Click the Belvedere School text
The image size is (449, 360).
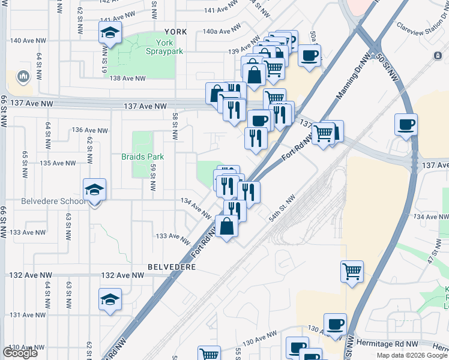55,201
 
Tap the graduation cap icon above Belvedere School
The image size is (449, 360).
94,190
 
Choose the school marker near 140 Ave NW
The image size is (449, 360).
110,33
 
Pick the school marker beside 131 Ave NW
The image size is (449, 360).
110,299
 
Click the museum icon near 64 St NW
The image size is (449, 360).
23,76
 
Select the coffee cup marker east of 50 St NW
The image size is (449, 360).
406,125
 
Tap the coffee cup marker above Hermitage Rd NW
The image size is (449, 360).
335,324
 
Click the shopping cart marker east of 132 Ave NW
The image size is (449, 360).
352,271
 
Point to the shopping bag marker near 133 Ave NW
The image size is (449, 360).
227,227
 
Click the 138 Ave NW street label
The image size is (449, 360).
128,79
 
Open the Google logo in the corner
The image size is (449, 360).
20,352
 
